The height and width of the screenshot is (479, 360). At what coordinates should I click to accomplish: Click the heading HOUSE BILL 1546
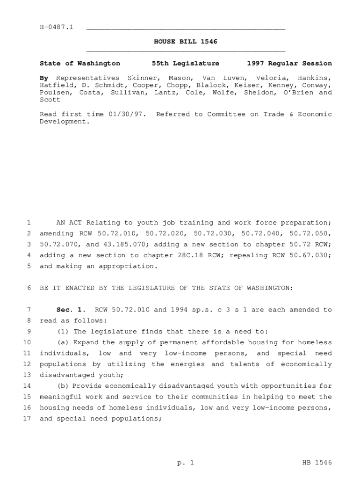click(186, 42)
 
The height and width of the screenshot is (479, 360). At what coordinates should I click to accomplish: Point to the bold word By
click(44, 78)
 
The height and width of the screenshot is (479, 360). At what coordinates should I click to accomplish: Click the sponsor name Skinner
click(142, 78)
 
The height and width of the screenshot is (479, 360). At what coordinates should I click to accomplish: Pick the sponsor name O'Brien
click(293, 92)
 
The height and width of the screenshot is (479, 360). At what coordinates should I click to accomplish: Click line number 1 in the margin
click(29, 223)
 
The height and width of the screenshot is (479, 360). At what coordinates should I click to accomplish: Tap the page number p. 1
click(186, 463)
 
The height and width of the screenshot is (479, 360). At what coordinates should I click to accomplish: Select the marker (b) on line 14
click(63, 386)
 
